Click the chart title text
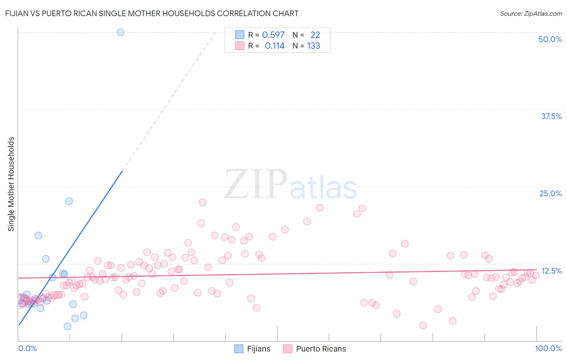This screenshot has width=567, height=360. click(x=152, y=13)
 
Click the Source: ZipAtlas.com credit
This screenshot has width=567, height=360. click(x=531, y=14)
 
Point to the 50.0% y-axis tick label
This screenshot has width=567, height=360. click(x=550, y=39)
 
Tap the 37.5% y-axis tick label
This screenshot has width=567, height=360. click(x=551, y=116)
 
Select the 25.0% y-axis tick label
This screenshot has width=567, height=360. click(x=550, y=193)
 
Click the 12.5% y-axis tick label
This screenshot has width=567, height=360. click(x=551, y=271)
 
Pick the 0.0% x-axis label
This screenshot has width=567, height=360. click(x=27, y=349)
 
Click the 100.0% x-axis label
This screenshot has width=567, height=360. click(x=548, y=349)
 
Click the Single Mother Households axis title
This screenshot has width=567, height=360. click(x=11, y=184)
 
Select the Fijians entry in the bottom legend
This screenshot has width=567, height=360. click(x=252, y=349)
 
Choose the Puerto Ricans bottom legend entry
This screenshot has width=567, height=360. click(x=315, y=349)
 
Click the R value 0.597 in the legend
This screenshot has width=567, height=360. click(x=273, y=35)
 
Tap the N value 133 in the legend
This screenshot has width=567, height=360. click(x=313, y=46)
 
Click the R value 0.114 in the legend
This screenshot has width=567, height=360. click(x=274, y=46)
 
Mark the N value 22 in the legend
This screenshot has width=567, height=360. click(x=315, y=35)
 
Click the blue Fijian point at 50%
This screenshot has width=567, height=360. click(x=120, y=32)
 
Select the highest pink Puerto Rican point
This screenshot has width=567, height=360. click(x=202, y=202)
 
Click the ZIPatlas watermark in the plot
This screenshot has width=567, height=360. click(x=290, y=184)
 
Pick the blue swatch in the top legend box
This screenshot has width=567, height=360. click(x=240, y=35)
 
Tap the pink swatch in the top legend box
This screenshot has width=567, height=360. click(x=240, y=46)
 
